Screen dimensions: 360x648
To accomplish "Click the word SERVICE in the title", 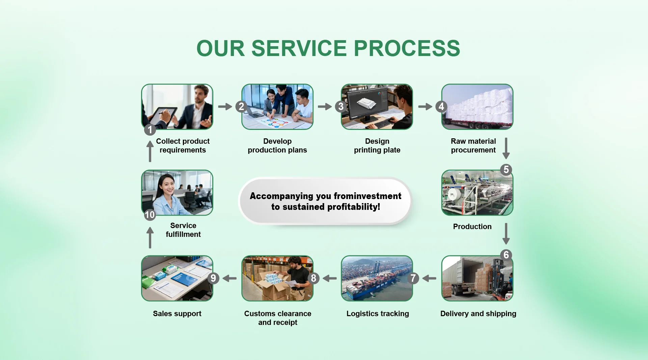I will point(299,48).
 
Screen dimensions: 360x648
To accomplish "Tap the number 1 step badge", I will point(150,130).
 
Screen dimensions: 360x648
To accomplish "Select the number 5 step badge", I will point(506,169).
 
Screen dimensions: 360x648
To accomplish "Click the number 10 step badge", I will point(150,215).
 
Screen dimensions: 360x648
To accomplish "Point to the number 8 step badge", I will point(314,278).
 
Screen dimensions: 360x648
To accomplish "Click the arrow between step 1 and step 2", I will point(225,107).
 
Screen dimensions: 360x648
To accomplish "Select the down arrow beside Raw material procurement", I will point(506,148).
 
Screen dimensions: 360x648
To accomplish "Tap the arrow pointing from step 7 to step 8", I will point(330,278).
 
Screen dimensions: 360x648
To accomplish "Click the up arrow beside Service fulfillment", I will point(150,238).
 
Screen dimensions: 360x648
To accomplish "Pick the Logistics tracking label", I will point(377,313).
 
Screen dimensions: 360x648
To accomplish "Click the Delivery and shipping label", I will point(478,313).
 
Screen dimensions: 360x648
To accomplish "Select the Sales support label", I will point(177,313).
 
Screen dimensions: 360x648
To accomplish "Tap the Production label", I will point(472,226).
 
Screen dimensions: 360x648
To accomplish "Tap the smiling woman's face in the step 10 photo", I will point(168,185).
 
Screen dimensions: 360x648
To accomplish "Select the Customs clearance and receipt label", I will point(277,318).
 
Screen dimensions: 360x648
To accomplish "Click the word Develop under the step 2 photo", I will point(277,141).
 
